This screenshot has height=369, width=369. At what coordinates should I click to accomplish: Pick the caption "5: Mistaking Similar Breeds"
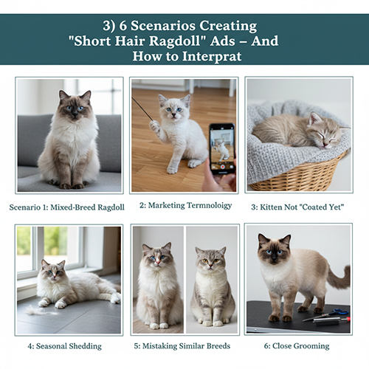(184, 345)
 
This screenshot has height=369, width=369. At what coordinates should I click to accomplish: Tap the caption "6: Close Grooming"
(299, 345)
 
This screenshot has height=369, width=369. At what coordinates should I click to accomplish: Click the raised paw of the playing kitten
(155, 125)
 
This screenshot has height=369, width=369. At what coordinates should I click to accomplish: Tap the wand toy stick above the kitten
(142, 108)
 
